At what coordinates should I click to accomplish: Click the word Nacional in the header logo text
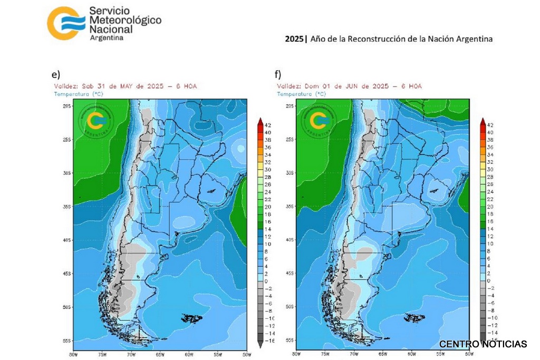point(112,30)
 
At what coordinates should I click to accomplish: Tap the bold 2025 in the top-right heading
point(294,38)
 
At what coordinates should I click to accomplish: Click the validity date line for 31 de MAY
point(126,86)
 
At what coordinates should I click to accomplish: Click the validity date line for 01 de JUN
point(349,86)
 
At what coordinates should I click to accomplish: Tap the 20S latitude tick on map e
point(67,106)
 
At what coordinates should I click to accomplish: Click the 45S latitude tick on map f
point(290,273)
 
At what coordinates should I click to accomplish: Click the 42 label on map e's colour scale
point(268,125)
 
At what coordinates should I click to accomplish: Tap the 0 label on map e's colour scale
point(267,281)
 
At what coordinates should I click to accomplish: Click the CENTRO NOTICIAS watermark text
point(483,344)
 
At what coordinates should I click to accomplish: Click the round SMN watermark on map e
point(97,121)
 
